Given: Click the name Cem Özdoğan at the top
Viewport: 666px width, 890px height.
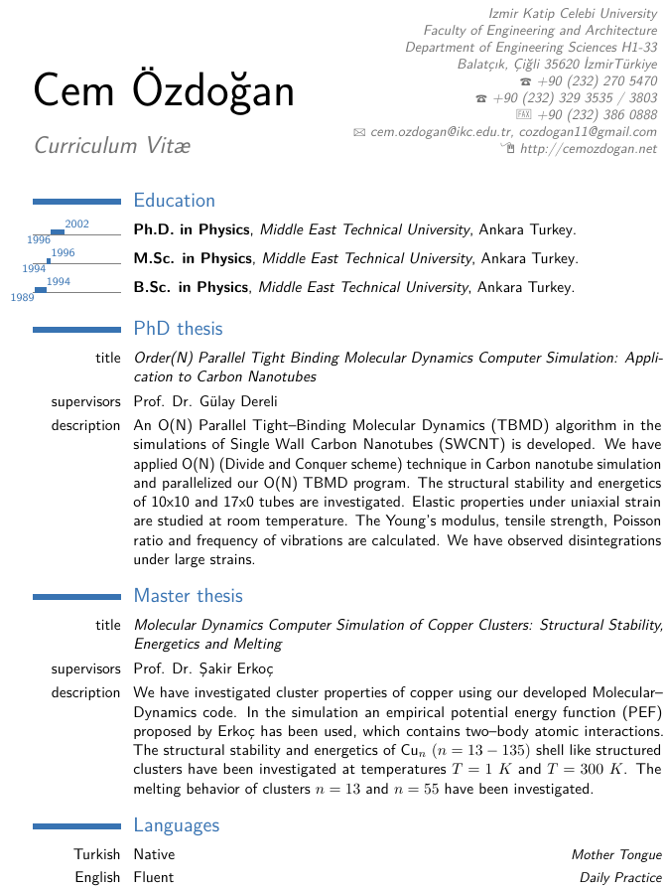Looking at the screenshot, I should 165,91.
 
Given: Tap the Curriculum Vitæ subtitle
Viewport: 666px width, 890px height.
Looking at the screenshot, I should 112,145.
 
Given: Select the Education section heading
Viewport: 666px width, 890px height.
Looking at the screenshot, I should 174,201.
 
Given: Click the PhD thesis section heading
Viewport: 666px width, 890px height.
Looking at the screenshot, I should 178,329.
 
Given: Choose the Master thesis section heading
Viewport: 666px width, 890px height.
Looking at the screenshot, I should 188,596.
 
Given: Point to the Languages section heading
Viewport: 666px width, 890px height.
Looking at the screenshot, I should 176,825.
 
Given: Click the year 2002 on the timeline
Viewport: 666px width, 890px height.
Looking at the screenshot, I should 77,224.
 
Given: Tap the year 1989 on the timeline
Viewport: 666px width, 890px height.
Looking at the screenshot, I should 22,297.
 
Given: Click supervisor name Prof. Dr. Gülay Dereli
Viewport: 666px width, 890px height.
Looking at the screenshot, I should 205,402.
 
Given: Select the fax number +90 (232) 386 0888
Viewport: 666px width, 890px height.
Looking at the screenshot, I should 597,115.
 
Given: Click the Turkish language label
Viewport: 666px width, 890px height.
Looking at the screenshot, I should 96,854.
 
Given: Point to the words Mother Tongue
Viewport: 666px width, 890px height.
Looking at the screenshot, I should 615,854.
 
